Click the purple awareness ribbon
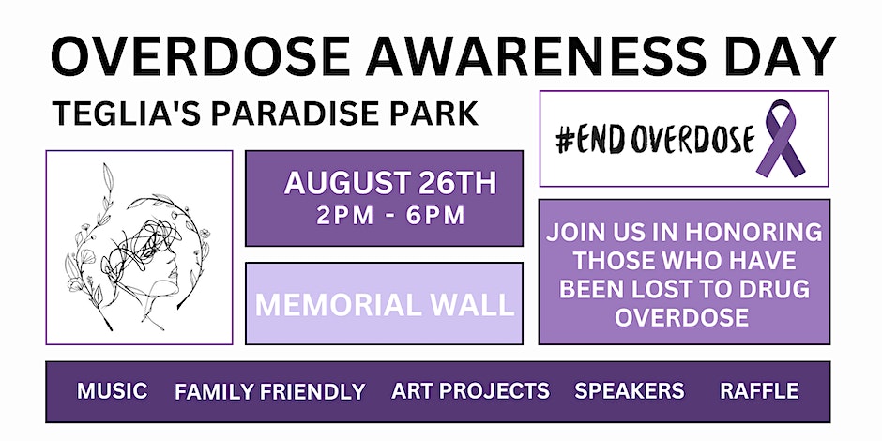coord(781,138)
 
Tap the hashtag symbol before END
coord(564,139)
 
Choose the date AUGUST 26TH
coord(390,183)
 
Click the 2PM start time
coord(344,216)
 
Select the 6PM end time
coord(435,216)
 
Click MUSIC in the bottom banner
coord(113,391)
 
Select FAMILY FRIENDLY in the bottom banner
coord(270,391)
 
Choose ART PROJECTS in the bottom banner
coord(470,391)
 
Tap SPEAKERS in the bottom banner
coord(630,391)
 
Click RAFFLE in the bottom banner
coord(759,391)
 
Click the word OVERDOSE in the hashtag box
coord(692,139)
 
